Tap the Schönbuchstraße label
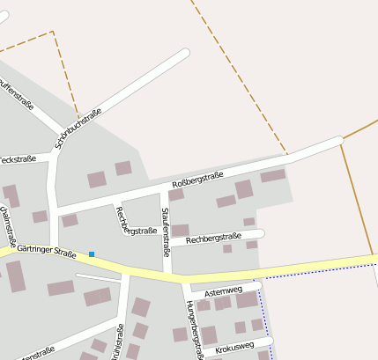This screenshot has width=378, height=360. pyautogui.click(x=78, y=129)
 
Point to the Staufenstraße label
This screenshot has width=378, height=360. pyautogui.click(x=166, y=227)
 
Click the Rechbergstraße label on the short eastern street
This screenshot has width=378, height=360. pyautogui.click(x=214, y=237)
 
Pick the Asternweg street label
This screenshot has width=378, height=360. pyautogui.click(x=222, y=290)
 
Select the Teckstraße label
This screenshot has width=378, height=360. pyautogui.click(x=18, y=159)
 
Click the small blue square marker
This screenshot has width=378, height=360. pyautogui.click(x=92, y=254)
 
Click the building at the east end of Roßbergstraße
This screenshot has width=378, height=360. pyautogui.click(x=272, y=175)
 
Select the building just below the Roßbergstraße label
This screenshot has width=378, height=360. pyautogui.click(x=176, y=194)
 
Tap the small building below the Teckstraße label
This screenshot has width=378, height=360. pyautogui.click(x=40, y=217)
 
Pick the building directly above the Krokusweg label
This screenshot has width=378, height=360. pyautogui.click(x=240, y=327)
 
